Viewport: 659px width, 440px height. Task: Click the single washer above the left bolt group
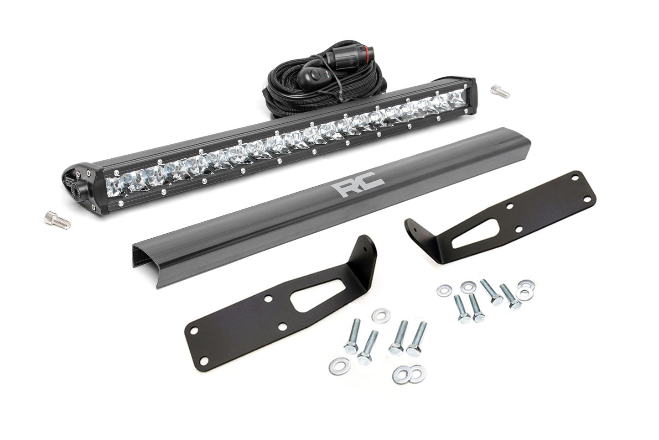pyautogui.click(x=378, y=314)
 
